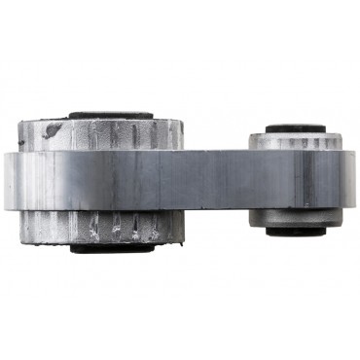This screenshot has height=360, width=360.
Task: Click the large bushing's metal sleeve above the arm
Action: click(x=102, y=133)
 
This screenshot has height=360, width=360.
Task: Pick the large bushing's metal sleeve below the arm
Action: click(x=102, y=226)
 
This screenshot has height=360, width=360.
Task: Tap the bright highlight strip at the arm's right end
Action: click(x=342, y=179)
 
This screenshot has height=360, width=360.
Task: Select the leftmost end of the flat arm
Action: click(x=5, y=180)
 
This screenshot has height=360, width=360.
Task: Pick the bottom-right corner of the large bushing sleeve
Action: click(x=184, y=239)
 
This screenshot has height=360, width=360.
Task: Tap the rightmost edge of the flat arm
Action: click(x=354, y=179)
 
